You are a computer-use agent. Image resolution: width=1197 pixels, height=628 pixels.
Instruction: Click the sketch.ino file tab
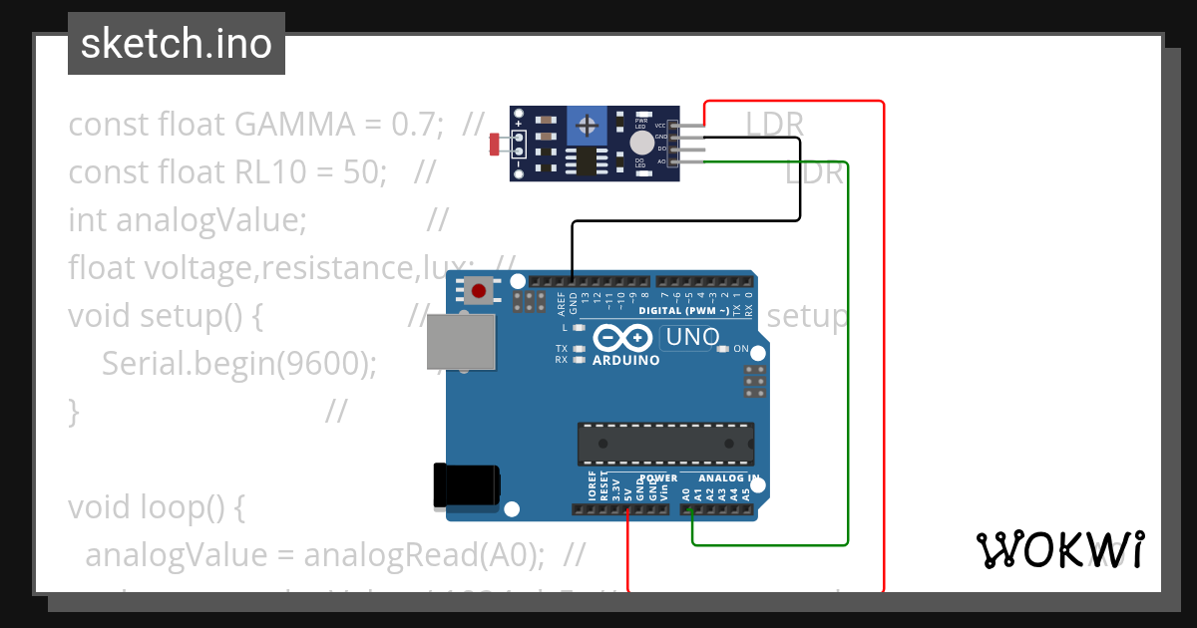(177, 44)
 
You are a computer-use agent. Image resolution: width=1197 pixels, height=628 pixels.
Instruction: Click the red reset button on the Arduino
(480, 291)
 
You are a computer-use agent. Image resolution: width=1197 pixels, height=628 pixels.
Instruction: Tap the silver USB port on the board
(461, 344)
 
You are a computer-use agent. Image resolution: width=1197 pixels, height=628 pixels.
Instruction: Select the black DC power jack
(466, 485)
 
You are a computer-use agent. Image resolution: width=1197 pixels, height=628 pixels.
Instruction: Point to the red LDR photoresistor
(494, 146)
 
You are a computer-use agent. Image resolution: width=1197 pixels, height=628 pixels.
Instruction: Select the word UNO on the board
(692, 337)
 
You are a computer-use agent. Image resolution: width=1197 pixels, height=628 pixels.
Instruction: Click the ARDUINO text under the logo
(625, 360)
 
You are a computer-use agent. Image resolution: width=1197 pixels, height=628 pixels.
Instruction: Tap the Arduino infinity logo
(625, 337)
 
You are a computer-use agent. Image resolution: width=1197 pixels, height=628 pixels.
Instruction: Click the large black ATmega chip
(665, 444)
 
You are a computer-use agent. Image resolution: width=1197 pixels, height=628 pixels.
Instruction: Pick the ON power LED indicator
(723, 349)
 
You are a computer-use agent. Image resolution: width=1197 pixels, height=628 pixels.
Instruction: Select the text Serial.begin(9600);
(238, 364)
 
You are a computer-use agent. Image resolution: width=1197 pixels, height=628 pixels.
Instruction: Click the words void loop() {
(157, 507)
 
